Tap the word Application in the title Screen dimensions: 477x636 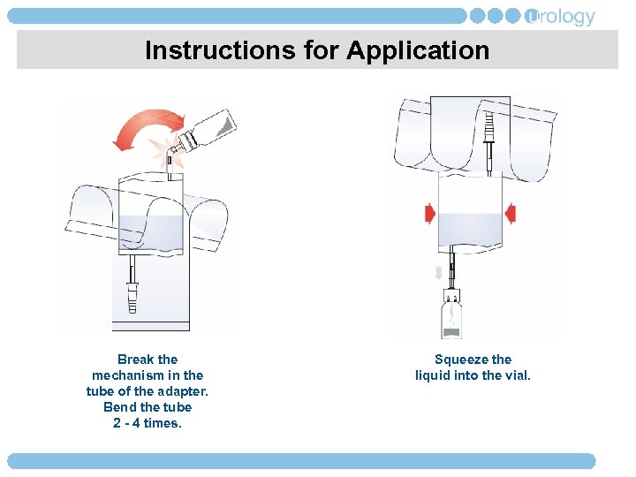418,50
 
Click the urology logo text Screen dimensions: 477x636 561,17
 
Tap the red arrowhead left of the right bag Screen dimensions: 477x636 430,213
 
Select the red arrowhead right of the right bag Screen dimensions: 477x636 511,213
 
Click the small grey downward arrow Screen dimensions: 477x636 438,274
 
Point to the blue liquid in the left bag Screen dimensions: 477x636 150,235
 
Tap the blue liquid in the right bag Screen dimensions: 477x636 470,229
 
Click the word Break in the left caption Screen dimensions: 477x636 134,360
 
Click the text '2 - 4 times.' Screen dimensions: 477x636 148,423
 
